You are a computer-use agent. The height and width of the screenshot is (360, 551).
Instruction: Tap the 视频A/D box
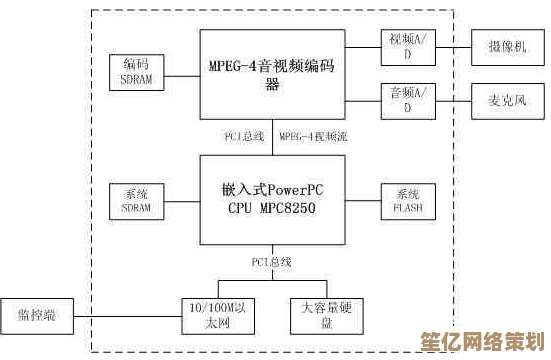point(407,46)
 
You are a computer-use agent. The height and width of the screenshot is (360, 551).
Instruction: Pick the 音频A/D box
point(407,99)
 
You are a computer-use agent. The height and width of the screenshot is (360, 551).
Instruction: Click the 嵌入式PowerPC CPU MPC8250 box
point(272,199)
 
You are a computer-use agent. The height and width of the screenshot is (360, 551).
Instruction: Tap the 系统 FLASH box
point(407,200)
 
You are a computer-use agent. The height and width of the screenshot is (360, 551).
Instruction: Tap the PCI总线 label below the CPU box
point(271,262)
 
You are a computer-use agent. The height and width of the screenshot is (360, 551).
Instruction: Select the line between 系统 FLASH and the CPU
point(361,200)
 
